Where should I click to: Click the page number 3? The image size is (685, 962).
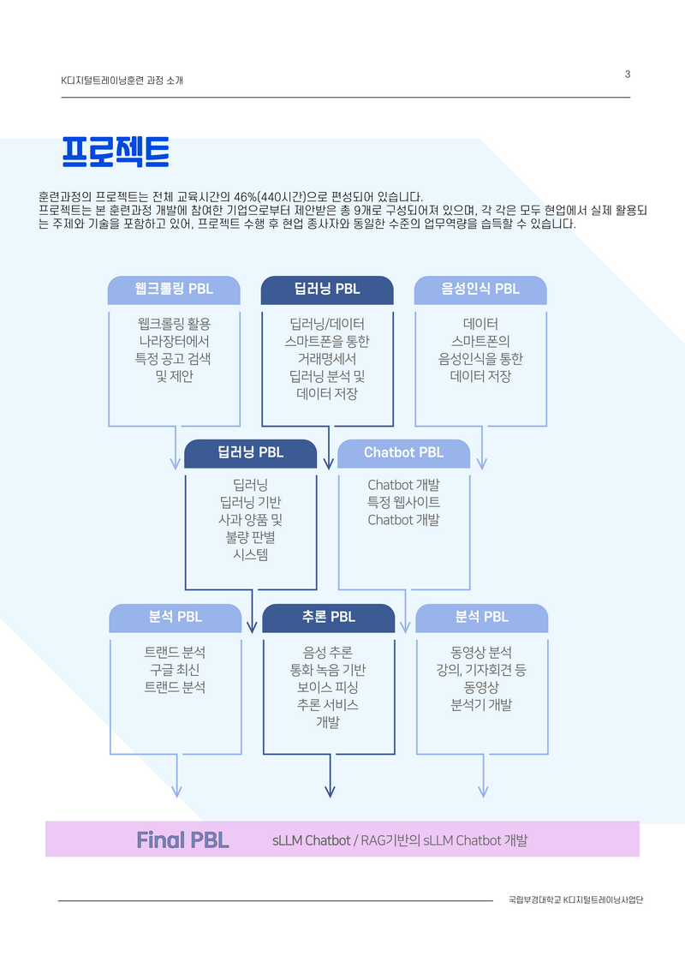tap(628, 75)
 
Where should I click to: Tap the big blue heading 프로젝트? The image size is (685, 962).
tap(116, 152)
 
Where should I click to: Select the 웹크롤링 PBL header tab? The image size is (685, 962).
tap(174, 290)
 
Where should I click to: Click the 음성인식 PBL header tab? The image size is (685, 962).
tap(480, 290)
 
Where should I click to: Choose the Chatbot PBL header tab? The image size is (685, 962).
tap(403, 453)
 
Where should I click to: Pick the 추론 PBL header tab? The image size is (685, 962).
tap(328, 617)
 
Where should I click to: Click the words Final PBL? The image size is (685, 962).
tap(182, 840)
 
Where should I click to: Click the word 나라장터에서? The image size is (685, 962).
tap(174, 341)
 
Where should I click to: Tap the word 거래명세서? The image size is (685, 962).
tap(327, 359)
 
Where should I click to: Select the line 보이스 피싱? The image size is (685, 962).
tap(327, 687)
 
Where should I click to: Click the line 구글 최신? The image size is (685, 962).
tap(175, 670)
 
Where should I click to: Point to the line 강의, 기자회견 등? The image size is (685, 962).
tap(481, 670)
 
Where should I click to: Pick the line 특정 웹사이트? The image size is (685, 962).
tap(403, 503)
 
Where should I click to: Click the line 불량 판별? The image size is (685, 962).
tap(250, 537)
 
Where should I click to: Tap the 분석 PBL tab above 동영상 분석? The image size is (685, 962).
tap(481, 617)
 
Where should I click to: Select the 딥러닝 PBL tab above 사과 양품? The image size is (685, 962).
tap(250, 453)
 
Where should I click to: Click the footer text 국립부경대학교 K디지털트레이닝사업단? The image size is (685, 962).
tap(576, 900)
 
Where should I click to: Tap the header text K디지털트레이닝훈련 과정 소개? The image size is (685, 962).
tap(122, 81)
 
